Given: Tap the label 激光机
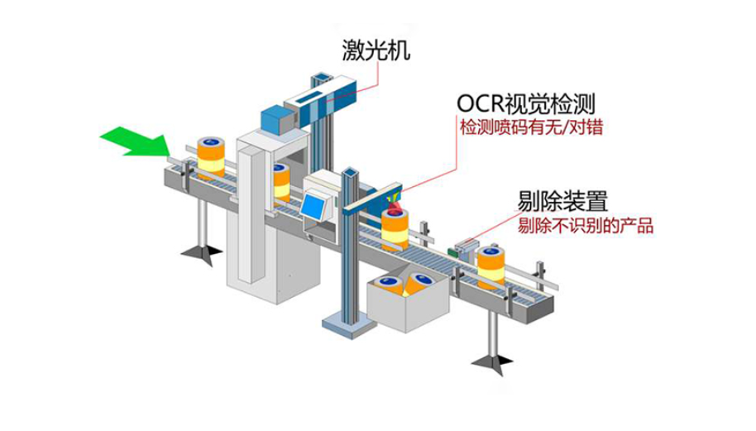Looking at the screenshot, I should [x=377, y=52].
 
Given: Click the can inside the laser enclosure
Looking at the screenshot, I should [x=281, y=181].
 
